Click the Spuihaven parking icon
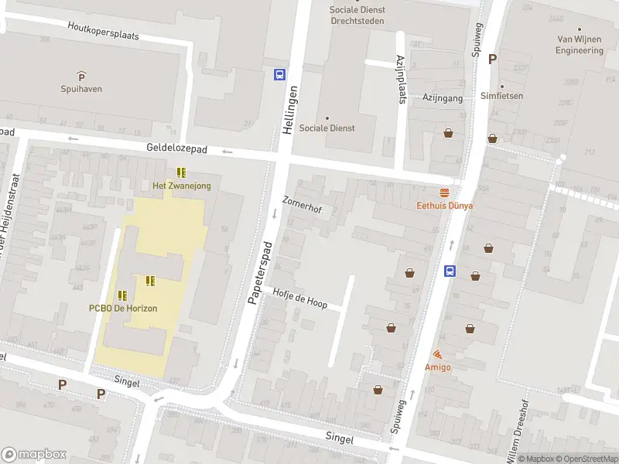pos(81,75)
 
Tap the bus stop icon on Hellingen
pos(279,75)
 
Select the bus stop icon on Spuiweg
pos(450,271)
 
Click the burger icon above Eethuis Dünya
pos(445,193)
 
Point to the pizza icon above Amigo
pos(438,353)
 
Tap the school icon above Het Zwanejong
pos(181,172)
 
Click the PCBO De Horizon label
pos(122,308)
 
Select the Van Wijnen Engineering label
pos(579,45)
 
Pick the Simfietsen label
pos(501,96)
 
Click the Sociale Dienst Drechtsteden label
pos(357,15)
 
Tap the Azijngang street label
pos(442,98)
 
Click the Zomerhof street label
pos(302,206)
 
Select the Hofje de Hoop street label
pos(299,298)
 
